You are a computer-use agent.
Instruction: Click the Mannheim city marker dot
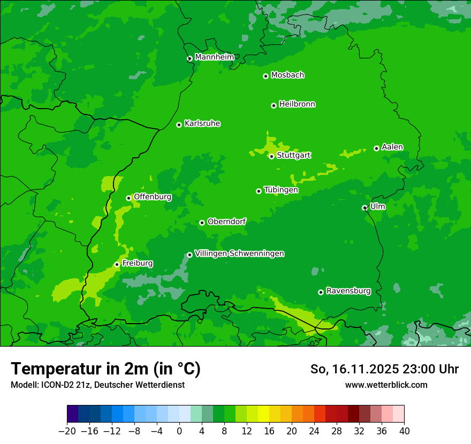[189, 59]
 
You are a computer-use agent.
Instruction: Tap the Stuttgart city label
[293, 156]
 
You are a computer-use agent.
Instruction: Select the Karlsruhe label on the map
[202, 124]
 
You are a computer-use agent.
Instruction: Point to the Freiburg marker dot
[117, 264]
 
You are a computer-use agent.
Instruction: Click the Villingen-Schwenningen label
[239, 254]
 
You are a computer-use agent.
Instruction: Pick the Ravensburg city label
[348, 291]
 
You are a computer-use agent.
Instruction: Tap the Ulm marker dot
[364, 208]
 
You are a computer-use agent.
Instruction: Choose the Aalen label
[392, 147]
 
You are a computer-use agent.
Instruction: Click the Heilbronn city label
[297, 104]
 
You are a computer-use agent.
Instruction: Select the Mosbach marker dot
[265, 76]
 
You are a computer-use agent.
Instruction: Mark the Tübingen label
[281, 190]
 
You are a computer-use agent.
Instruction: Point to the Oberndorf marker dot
[202, 223]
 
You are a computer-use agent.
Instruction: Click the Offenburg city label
[153, 197]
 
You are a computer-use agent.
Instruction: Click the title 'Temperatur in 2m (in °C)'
[105, 369]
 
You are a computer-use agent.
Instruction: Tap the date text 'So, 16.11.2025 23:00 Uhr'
[384, 369]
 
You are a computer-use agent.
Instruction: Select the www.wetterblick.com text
[386, 385]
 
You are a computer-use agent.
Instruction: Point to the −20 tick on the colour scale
[67, 431]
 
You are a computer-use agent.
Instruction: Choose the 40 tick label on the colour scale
[404, 431]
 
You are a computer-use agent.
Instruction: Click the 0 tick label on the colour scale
[179, 431]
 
